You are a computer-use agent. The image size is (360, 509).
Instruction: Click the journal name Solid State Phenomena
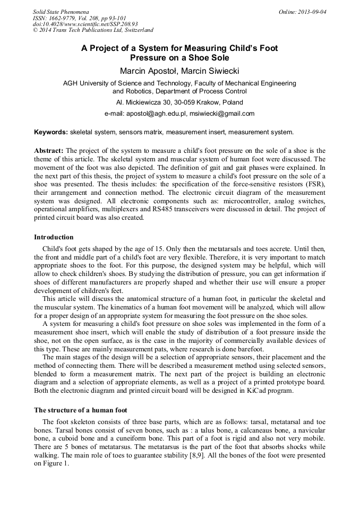click(x=61, y=11)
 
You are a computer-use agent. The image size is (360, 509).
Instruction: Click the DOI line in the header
click(x=85, y=24)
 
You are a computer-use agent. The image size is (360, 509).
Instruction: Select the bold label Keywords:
click(x=51, y=132)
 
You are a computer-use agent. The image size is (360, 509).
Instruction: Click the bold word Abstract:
click(x=49, y=151)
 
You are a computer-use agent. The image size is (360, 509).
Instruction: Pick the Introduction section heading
click(x=54, y=237)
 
